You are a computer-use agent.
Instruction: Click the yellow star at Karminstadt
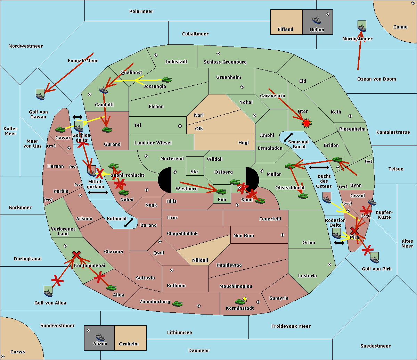[x=245, y=299]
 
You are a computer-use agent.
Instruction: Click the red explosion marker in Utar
[x=306, y=123]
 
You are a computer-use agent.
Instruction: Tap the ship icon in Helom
[x=317, y=20]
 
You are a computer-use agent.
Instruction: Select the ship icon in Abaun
[x=100, y=337]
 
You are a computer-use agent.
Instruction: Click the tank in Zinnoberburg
[x=178, y=304]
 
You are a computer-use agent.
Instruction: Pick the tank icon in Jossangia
[x=167, y=80]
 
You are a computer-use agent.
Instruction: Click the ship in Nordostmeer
[x=362, y=26]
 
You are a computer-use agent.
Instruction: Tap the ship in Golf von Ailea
[x=48, y=291]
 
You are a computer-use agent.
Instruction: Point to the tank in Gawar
[x=60, y=129]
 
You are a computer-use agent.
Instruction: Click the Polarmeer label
[x=141, y=11]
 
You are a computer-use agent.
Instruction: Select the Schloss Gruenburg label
[x=225, y=62]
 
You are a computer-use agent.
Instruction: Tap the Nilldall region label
[x=200, y=260]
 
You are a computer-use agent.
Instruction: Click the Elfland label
[x=285, y=30]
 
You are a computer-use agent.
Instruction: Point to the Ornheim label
[x=129, y=344]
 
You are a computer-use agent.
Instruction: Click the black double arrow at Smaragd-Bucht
[x=288, y=137]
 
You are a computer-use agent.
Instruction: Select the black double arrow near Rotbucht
[x=129, y=223]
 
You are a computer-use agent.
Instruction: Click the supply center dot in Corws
[x=3, y=357]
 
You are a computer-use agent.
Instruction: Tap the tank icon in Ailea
[x=111, y=288]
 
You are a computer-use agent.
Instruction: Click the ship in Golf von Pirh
[x=374, y=258]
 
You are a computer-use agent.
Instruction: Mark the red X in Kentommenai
[x=76, y=255]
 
